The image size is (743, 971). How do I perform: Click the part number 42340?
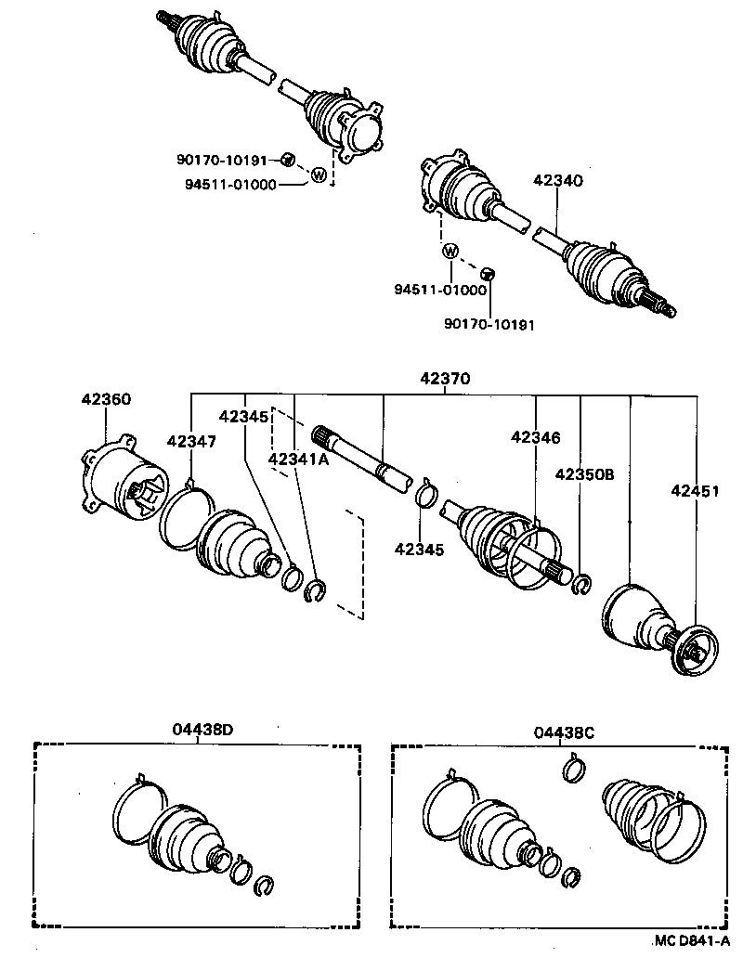click(x=557, y=181)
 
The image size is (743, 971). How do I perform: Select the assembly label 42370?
click(x=445, y=379)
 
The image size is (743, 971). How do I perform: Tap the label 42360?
click(x=106, y=400)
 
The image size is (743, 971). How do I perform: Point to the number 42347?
click(x=192, y=441)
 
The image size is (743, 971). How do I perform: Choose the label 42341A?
click(x=299, y=458)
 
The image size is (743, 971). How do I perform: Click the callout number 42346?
click(x=536, y=437)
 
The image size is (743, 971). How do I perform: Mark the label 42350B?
click(x=584, y=473)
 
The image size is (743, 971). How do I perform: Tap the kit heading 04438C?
click(x=564, y=732)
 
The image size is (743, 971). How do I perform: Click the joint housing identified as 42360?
click(x=121, y=484)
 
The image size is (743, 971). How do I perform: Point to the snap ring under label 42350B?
click(x=582, y=584)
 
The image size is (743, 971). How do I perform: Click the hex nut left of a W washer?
click(x=288, y=160)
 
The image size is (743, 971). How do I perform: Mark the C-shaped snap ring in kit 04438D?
click(x=264, y=886)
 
